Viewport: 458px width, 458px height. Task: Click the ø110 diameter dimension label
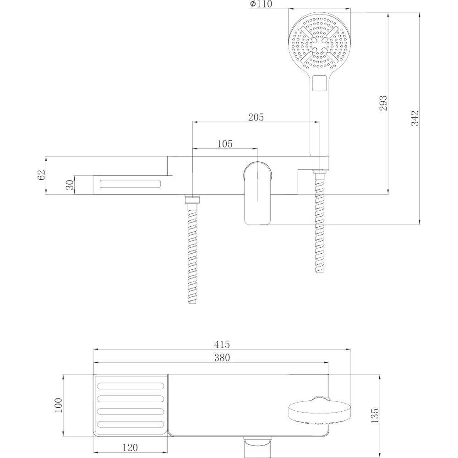point(261,4)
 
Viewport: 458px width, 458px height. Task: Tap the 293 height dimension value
point(383,103)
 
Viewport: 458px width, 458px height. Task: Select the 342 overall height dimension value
point(415,118)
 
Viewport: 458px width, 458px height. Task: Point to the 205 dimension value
point(256,117)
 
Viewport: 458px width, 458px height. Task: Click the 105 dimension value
point(225,144)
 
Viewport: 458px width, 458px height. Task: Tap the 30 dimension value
point(70,185)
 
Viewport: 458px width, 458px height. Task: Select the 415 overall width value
point(222,344)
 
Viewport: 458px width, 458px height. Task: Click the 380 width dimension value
point(222,358)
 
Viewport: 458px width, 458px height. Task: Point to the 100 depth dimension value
point(59,405)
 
